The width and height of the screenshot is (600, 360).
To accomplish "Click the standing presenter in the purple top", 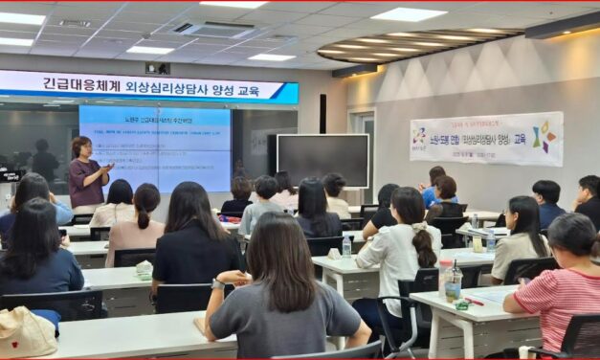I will click(x=87, y=173).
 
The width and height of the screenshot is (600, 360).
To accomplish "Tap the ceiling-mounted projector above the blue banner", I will click(x=156, y=68).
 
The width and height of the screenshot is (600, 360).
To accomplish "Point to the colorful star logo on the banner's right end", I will click(x=544, y=138).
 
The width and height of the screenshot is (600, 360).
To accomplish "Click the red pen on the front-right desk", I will click(x=473, y=302).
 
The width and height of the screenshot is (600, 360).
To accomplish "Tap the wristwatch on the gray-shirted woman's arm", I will click(x=218, y=284).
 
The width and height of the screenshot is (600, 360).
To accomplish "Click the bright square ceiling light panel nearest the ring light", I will click(x=408, y=14).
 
